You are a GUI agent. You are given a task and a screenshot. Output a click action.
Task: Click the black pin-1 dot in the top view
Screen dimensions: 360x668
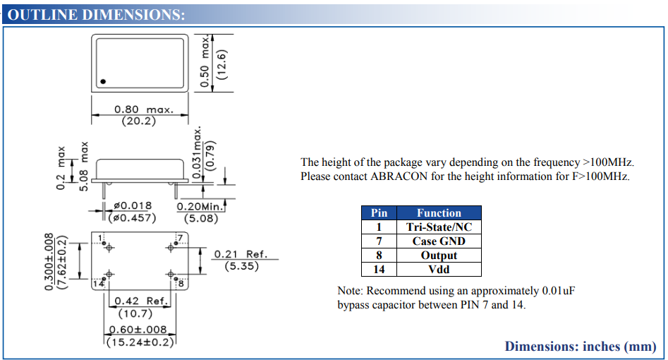click(103, 82)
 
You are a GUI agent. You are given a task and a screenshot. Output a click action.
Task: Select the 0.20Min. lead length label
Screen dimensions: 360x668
click(200, 207)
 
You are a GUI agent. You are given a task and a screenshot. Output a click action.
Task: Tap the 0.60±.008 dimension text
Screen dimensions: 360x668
click(138, 330)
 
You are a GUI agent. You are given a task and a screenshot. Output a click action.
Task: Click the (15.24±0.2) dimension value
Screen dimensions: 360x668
click(140, 342)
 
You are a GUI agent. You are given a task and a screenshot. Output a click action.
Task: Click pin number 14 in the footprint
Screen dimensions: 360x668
click(99, 284)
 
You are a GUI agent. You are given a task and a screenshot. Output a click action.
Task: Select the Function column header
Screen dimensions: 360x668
click(439, 212)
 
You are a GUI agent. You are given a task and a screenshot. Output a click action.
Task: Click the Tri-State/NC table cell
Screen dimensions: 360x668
click(439, 227)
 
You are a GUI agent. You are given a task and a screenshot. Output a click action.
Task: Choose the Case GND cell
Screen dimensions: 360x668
click(439, 241)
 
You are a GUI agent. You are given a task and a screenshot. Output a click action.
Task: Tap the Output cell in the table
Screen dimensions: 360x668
click(439, 255)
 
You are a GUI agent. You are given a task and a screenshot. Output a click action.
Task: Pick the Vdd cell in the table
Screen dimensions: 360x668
click(439, 269)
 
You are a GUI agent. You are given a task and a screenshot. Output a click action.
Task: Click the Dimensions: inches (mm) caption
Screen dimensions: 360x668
click(581, 347)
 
